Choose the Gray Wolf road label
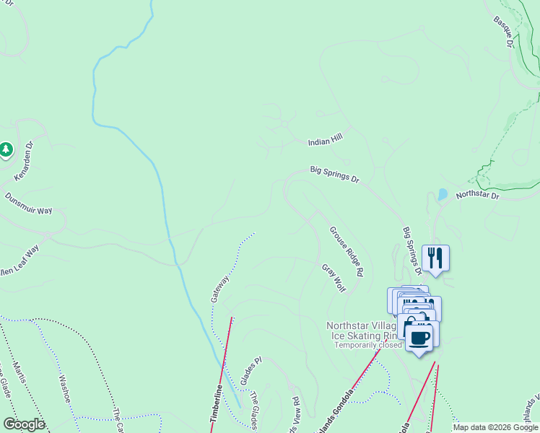coord(334,279)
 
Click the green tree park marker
coord(6,149)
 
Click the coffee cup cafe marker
coord(419,337)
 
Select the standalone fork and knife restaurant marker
coord(435,258)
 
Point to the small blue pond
coord(442,195)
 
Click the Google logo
coord(23,424)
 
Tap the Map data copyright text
coord(495,428)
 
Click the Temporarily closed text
coord(367,345)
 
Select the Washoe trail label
coord(64,388)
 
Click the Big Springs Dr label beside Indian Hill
coord(334,174)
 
